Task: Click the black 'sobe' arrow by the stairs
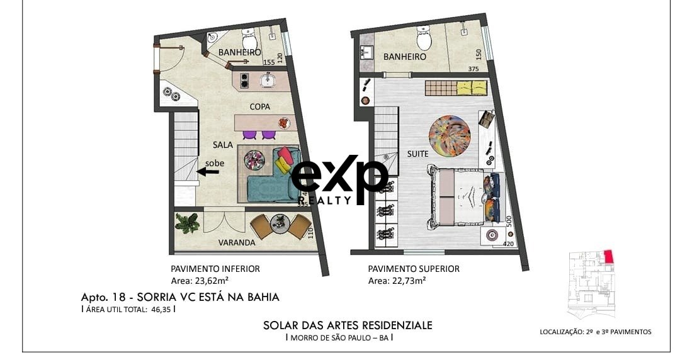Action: point(208,172)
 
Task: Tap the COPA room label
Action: point(260,106)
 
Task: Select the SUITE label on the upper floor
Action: point(417,154)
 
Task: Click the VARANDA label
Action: point(237,242)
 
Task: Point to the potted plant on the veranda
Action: point(188,223)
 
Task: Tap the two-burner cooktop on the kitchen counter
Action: point(244,81)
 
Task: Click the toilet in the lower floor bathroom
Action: point(249,40)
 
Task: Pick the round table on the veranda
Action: point(280,224)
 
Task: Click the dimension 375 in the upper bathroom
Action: point(473,69)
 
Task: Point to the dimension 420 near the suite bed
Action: point(508,244)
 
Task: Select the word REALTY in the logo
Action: point(325,200)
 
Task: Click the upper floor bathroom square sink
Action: point(366,53)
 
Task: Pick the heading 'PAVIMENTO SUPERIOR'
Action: point(414,269)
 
